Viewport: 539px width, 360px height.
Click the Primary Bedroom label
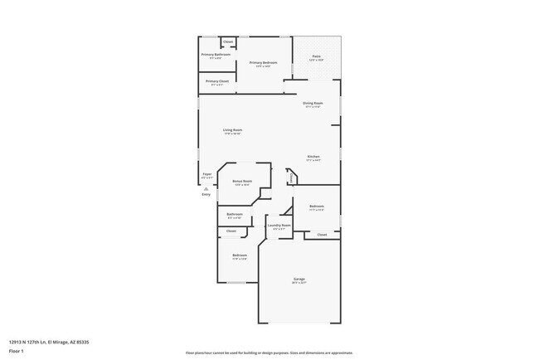tap(260, 62)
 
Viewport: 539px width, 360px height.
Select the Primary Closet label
tap(217, 81)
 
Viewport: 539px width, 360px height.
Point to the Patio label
tap(315, 57)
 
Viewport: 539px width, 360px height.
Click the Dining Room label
tap(312, 103)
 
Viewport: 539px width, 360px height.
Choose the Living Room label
tap(232, 129)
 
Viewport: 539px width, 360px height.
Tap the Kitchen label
tap(313, 157)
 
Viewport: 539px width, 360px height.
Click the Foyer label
tap(207, 174)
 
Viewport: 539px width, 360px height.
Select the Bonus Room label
tap(241, 182)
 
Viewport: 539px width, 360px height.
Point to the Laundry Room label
tap(279, 225)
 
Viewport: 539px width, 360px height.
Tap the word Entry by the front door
tap(206, 193)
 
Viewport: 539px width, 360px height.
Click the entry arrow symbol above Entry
tap(206, 187)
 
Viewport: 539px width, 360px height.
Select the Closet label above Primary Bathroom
tap(228, 41)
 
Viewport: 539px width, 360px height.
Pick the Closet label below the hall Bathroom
tap(231, 231)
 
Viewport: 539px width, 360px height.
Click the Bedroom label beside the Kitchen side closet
tap(317, 206)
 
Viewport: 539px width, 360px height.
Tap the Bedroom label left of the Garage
tap(240, 255)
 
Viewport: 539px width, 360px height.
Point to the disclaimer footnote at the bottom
tap(269, 352)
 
